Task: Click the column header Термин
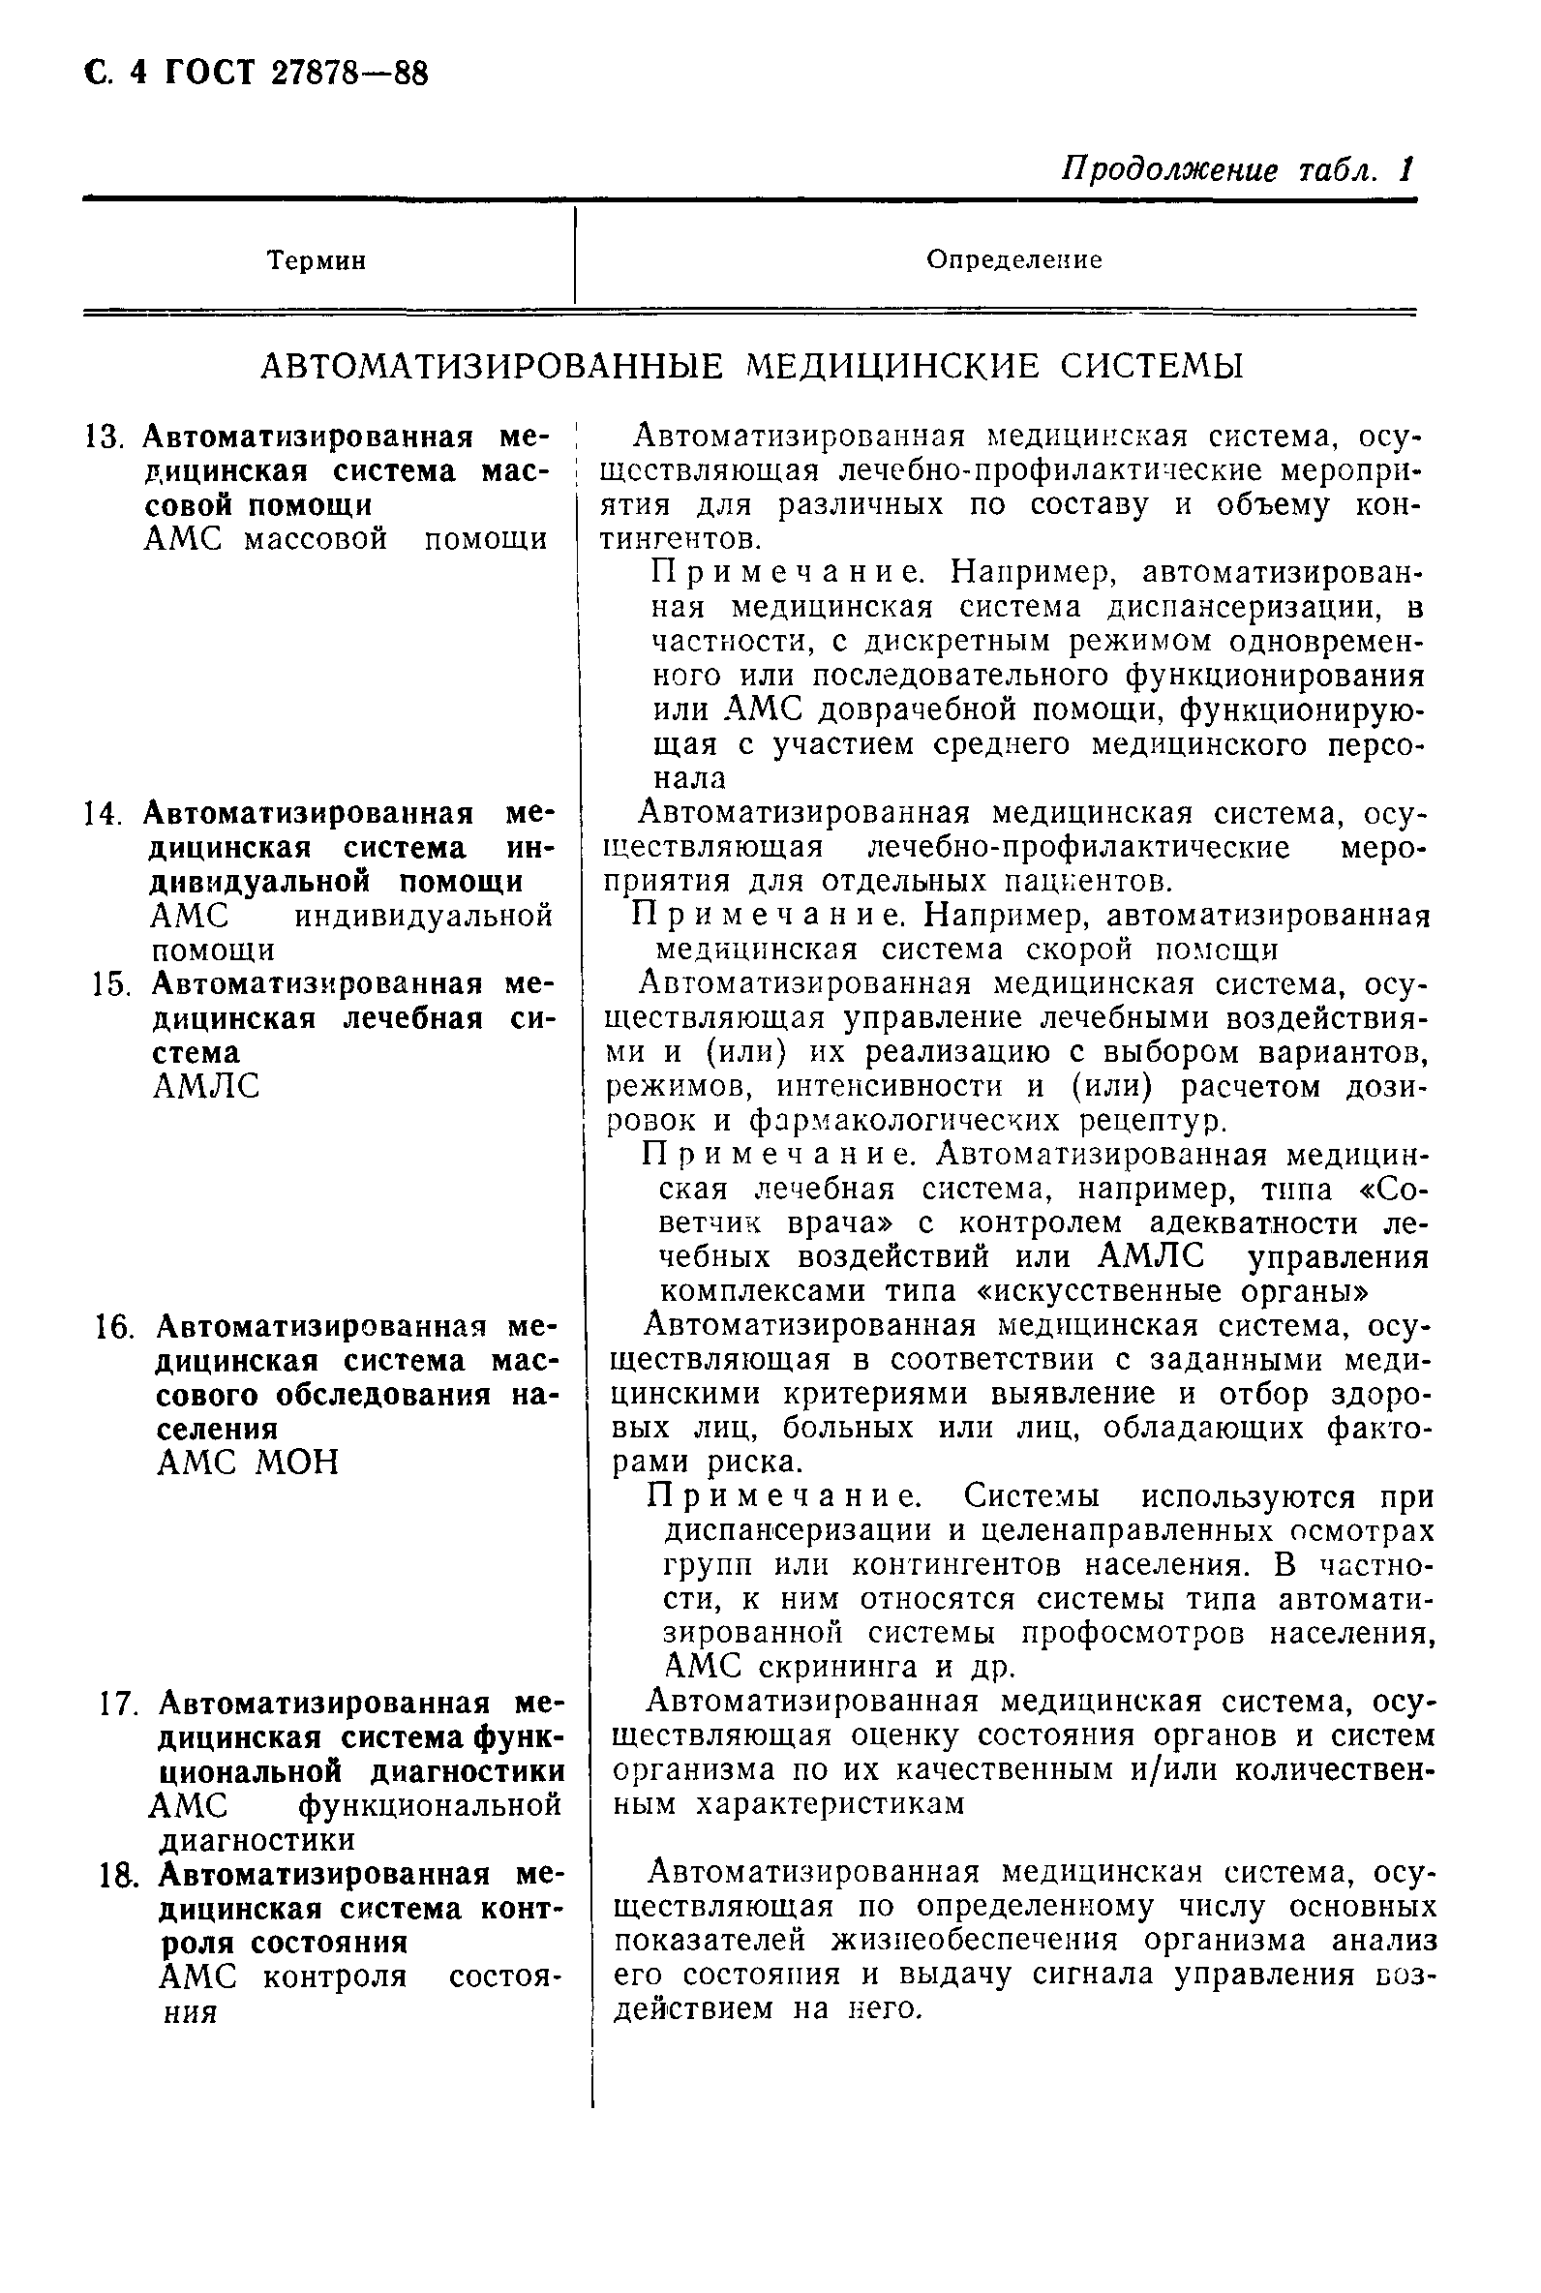pyautogui.click(x=317, y=260)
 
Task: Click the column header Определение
pyautogui.click(x=1014, y=259)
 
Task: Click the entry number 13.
pyautogui.click(x=103, y=437)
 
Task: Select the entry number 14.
pyautogui.click(x=103, y=814)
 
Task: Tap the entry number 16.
pyautogui.click(x=114, y=1328)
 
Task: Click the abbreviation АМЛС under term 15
pyautogui.click(x=206, y=1087)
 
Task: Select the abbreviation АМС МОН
pyautogui.click(x=248, y=1463)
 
